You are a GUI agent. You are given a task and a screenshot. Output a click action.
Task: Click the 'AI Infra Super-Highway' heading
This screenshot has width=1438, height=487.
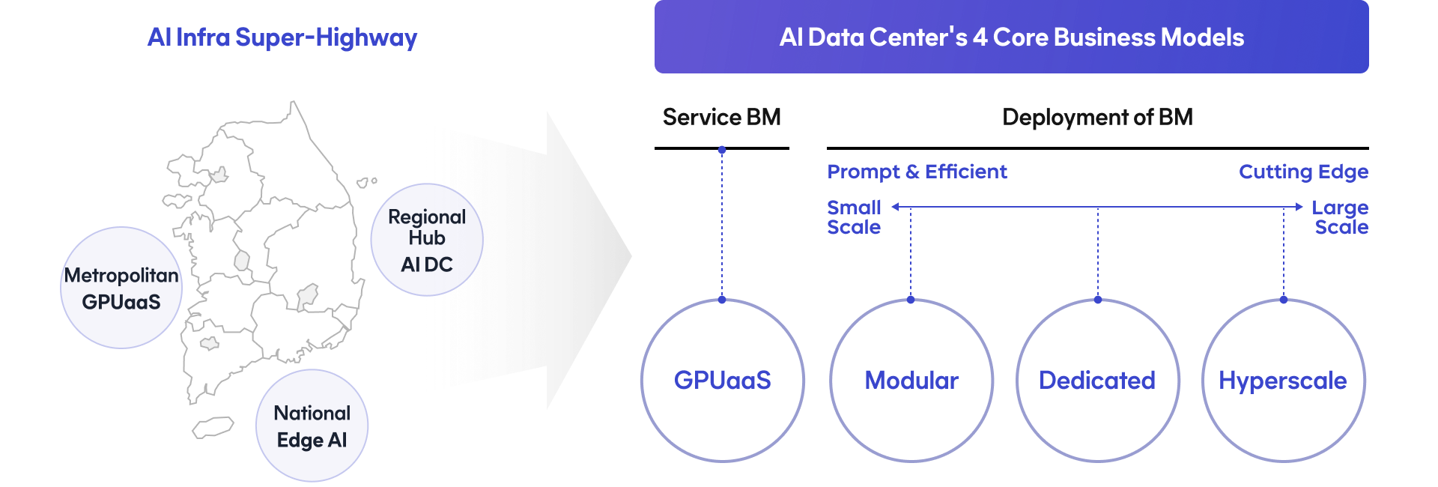[x=282, y=37]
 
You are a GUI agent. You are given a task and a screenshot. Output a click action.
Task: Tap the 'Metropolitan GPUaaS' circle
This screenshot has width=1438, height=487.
[x=121, y=288]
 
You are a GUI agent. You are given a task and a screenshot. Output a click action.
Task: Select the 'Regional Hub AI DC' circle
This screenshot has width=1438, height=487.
[x=427, y=240]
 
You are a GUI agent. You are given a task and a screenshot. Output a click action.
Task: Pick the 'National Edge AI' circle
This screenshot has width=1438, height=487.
[x=312, y=426]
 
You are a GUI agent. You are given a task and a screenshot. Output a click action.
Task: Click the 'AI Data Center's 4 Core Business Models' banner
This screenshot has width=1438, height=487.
[x=1011, y=37]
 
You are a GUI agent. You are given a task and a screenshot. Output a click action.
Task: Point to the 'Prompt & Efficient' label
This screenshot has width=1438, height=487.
[x=917, y=172]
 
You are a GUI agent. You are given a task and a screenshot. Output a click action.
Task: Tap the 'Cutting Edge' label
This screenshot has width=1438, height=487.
[x=1303, y=172]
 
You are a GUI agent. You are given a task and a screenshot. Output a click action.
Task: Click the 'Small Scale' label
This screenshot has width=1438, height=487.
[x=854, y=217]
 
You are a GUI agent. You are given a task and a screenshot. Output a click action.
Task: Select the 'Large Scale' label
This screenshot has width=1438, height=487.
[x=1341, y=217]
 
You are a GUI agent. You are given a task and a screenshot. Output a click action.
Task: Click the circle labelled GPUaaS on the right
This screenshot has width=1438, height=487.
[x=722, y=381]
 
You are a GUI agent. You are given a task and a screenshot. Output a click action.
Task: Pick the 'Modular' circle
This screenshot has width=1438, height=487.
[x=911, y=381]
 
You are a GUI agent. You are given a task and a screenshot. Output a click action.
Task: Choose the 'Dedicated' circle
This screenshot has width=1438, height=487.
[x=1097, y=381]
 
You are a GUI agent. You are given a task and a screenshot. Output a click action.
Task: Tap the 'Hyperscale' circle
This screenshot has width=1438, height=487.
[x=1283, y=381]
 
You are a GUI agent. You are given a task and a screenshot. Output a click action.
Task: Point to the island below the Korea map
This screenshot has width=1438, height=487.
[x=213, y=427]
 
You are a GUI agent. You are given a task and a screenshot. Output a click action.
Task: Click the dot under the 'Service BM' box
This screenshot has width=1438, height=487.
[x=722, y=151]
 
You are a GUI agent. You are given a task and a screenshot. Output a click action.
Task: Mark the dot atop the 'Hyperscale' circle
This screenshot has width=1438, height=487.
[x=1284, y=300]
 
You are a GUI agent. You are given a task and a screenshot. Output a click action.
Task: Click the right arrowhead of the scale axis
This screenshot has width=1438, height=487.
[x=1299, y=207]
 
